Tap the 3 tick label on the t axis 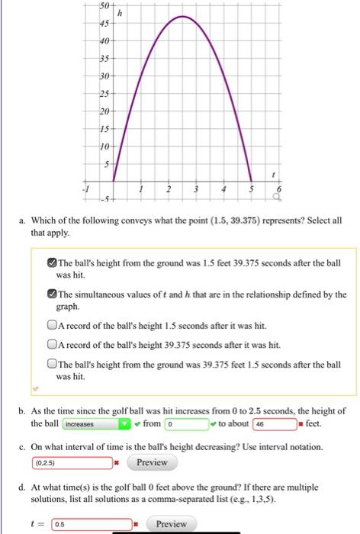(195, 188)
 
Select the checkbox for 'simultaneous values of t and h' (52, 294)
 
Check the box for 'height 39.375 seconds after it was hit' (52, 343)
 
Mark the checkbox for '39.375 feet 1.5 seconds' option (52, 364)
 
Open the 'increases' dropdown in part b (95, 423)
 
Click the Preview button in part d (171, 524)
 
